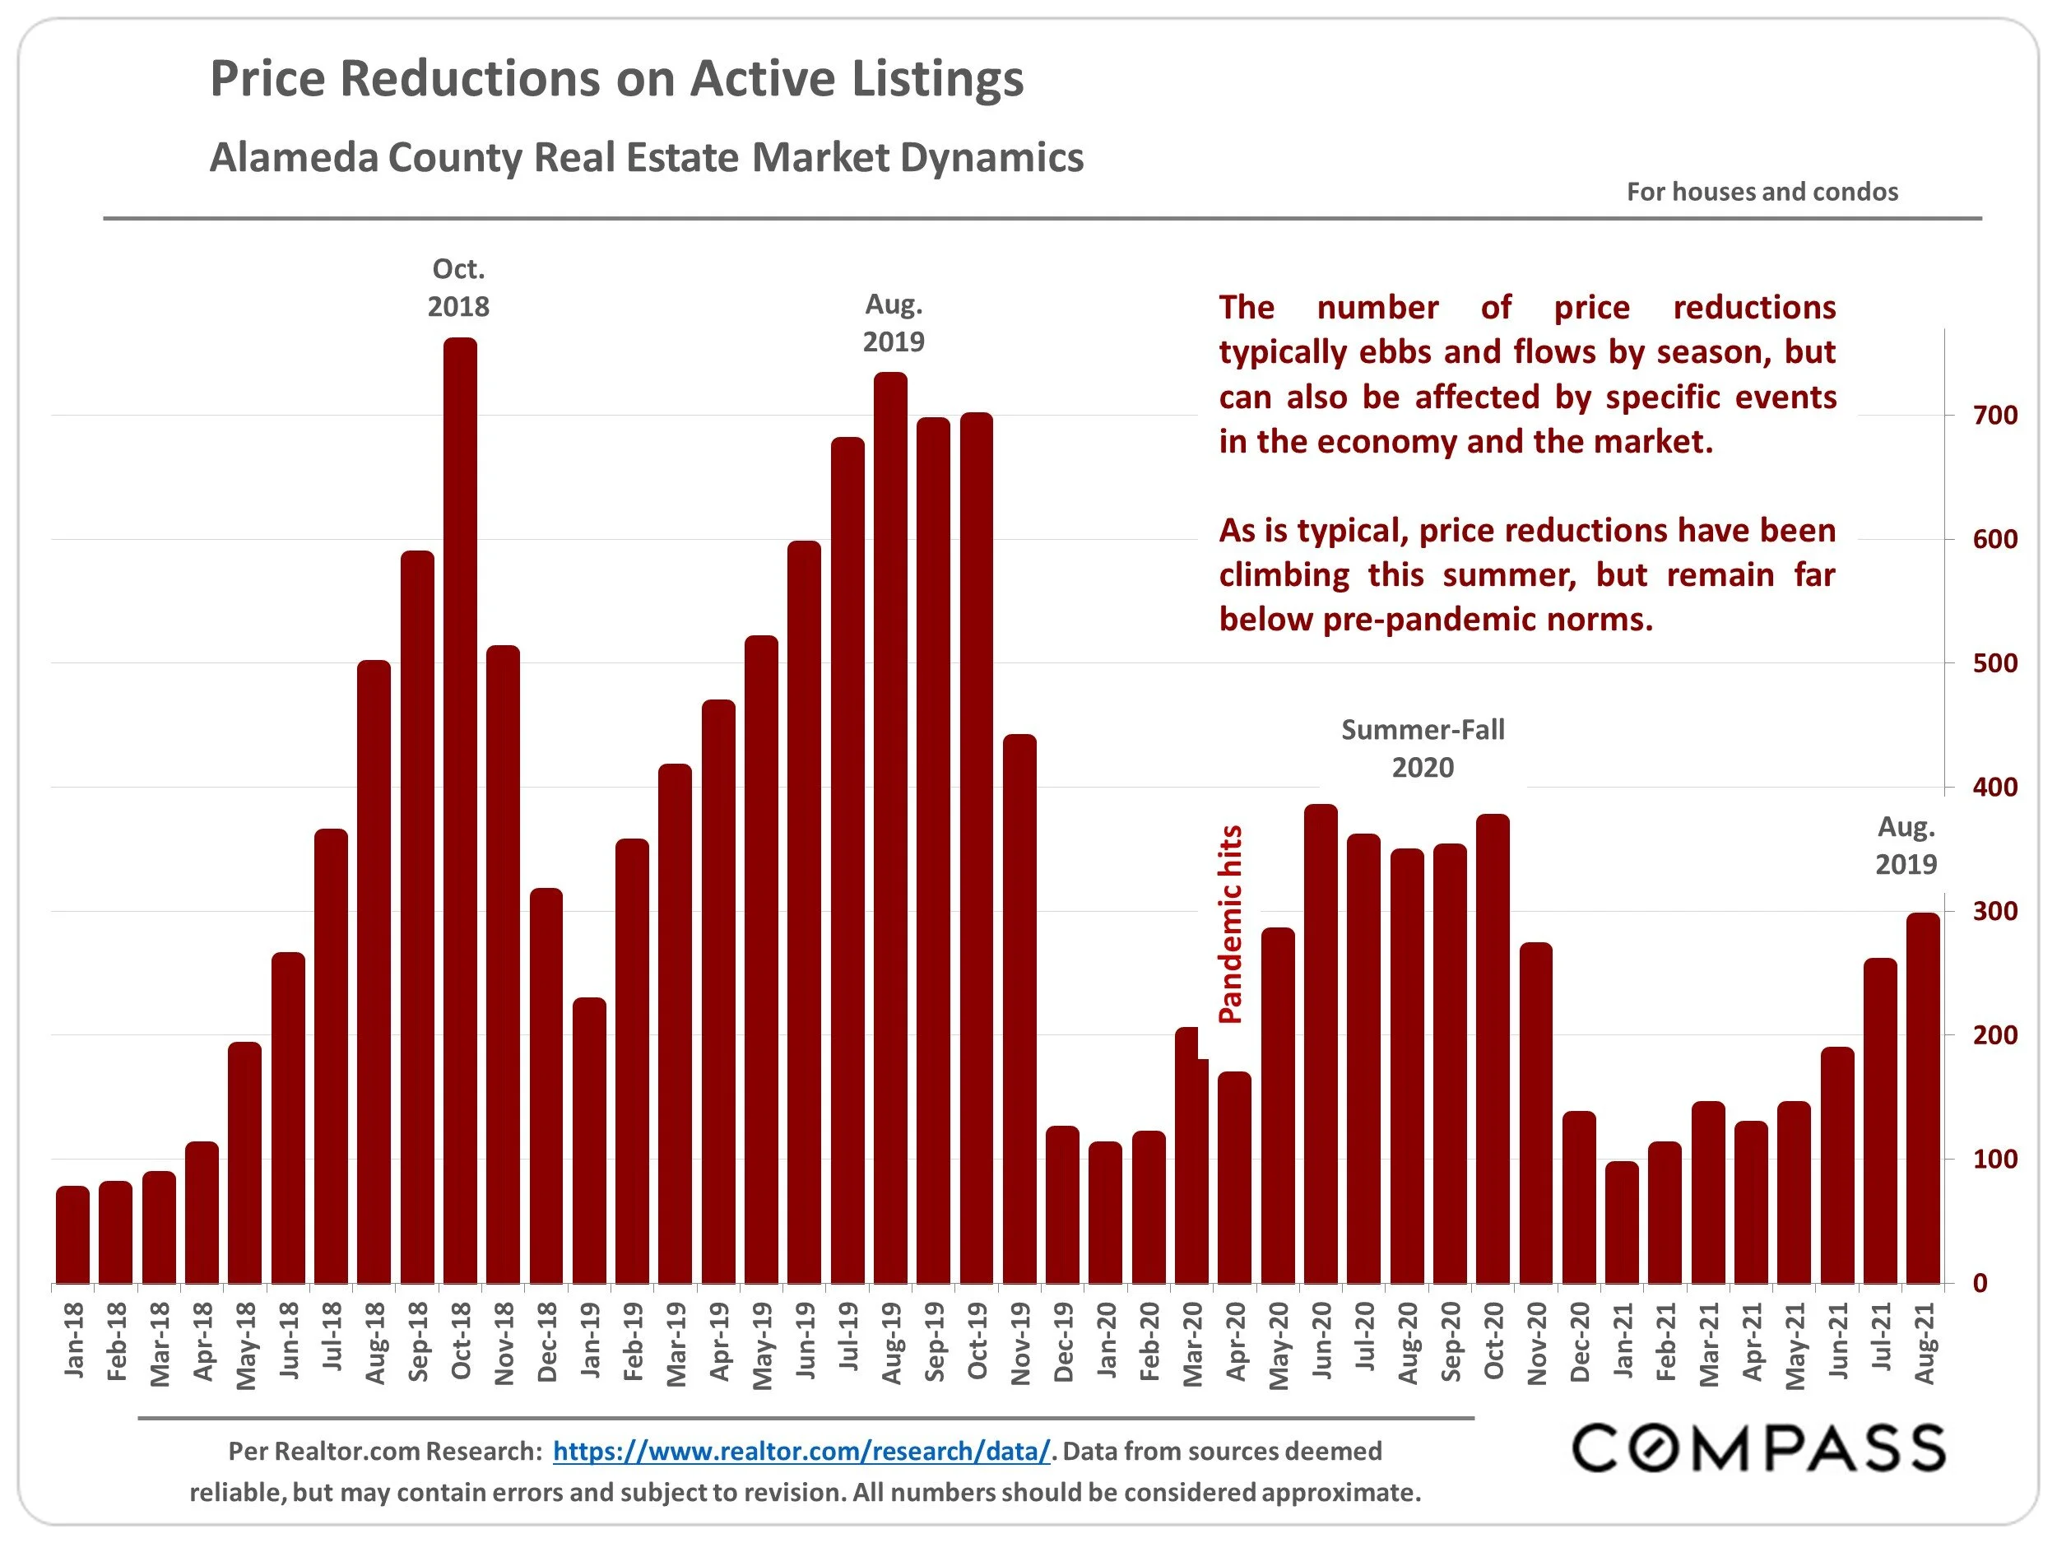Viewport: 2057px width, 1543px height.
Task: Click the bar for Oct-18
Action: tap(460, 809)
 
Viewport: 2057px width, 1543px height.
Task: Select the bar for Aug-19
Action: tap(891, 828)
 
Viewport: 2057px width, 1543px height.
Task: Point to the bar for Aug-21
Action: tap(1923, 1098)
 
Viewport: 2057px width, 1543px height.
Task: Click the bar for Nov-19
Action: tap(1020, 1009)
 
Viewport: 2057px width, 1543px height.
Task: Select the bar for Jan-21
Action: tap(1623, 1222)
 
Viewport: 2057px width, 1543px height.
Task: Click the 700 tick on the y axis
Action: tap(1994, 416)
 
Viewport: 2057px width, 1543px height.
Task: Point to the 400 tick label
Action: tap(1994, 788)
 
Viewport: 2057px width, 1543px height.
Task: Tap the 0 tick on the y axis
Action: tap(1980, 1284)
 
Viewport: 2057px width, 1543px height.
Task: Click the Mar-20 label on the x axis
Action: tap(1193, 1344)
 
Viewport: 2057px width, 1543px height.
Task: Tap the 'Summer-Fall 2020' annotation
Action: tap(1423, 749)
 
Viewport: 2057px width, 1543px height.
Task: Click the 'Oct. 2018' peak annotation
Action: tap(458, 287)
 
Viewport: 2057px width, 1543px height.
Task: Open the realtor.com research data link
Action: tap(801, 1452)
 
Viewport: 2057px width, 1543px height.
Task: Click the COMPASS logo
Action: tap(1758, 1449)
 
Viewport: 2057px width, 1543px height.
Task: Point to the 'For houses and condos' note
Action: tap(1762, 193)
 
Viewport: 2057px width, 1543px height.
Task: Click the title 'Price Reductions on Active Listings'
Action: tap(616, 78)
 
